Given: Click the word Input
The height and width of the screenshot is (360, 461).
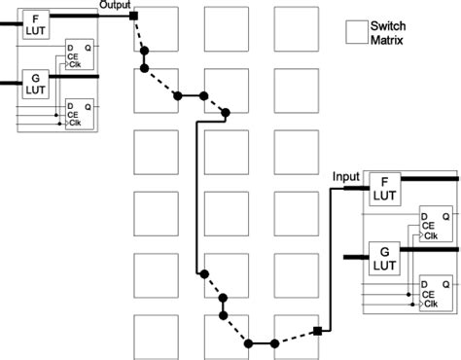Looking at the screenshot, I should pos(346,176).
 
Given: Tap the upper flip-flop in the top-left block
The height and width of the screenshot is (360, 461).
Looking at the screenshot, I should pos(81,54).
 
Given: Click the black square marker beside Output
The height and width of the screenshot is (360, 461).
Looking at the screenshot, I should pos(133,16).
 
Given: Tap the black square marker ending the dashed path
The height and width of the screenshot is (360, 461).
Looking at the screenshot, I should pos(317,333).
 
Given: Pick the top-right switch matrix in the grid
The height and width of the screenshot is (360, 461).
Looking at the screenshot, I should pos(296,29).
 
